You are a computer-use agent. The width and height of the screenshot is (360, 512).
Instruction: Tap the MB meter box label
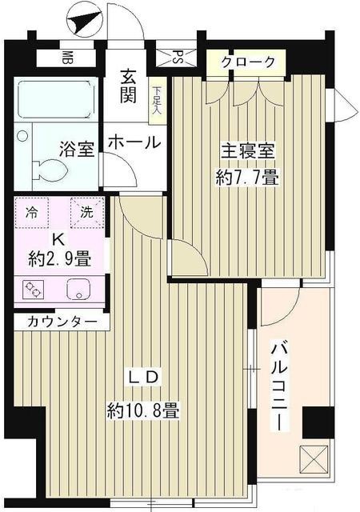[67, 58]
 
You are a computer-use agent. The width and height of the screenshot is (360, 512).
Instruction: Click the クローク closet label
[248, 62]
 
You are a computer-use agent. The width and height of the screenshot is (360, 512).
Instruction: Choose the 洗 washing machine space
[86, 214]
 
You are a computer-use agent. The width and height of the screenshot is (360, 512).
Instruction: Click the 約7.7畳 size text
[250, 177]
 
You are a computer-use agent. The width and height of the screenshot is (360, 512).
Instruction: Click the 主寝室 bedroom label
[248, 150]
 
